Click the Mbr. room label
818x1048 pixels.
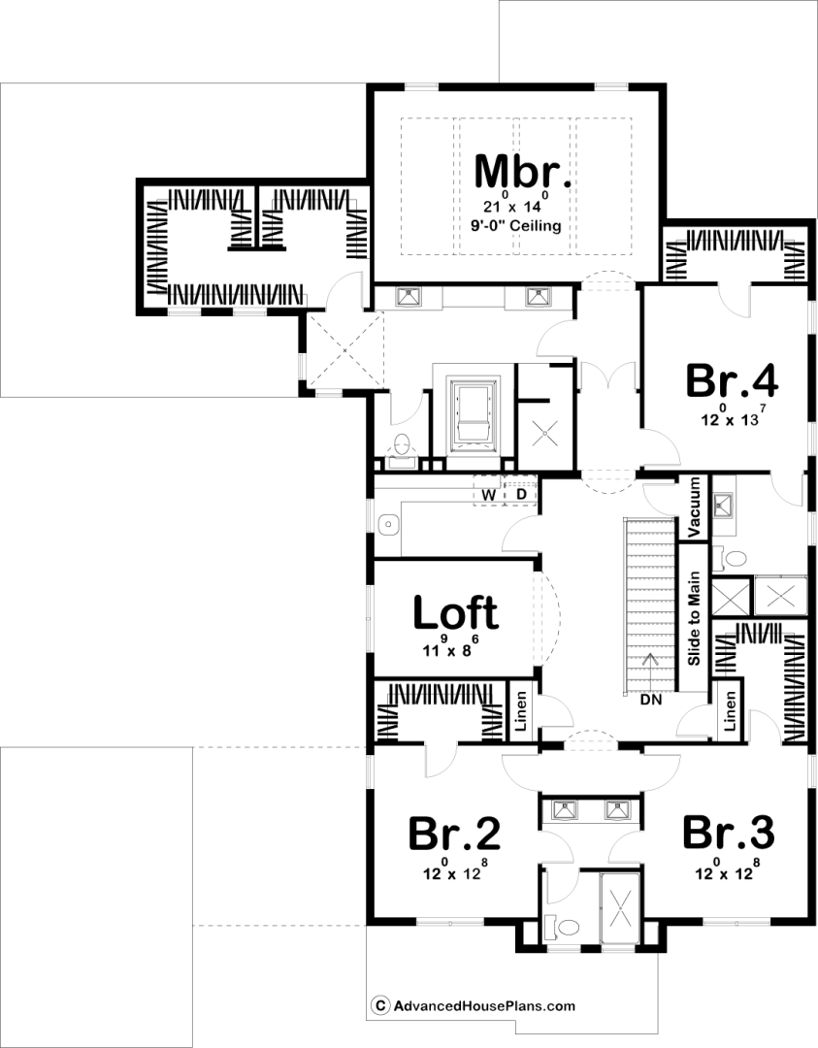[x=523, y=171]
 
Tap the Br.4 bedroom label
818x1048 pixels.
[x=733, y=381]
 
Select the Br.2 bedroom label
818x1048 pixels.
[x=454, y=834]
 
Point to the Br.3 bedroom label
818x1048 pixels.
[x=729, y=833]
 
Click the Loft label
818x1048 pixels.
[x=456, y=612]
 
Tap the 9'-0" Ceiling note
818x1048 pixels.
[x=516, y=225]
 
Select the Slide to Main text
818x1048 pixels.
[x=694, y=618]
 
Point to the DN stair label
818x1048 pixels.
[x=651, y=700]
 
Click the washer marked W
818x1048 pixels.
[x=489, y=495]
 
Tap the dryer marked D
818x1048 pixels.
[x=521, y=494]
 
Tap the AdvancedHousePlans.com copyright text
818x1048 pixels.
[x=474, y=1005]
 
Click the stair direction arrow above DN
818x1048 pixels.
[x=647, y=672]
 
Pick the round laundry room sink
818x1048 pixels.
[x=387, y=525]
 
